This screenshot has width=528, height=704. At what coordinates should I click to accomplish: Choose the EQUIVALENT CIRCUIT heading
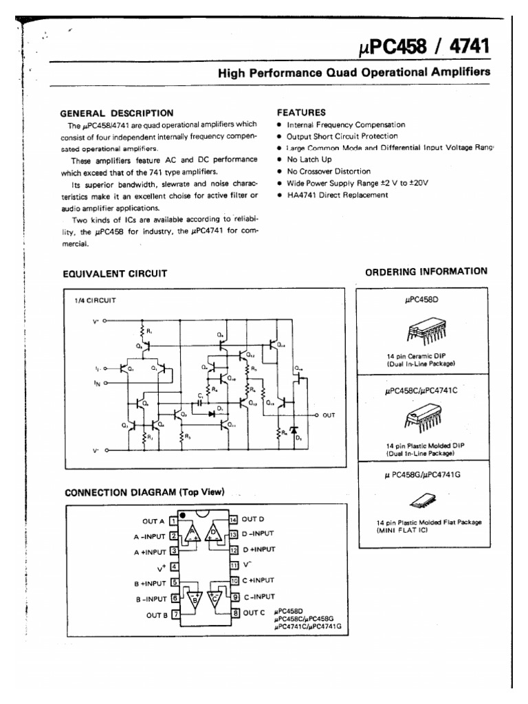pyautogui.click(x=115, y=273)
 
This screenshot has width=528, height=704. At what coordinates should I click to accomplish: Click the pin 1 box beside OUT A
pyautogui.click(x=173, y=522)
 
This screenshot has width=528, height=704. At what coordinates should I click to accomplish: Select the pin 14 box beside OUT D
pyautogui.click(x=234, y=520)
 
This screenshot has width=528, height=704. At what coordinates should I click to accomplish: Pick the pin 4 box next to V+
pyautogui.click(x=173, y=567)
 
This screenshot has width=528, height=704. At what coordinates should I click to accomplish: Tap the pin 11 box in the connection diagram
pyautogui.click(x=234, y=565)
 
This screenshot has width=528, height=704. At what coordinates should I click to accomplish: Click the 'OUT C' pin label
pyautogui.click(x=253, y=613)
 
